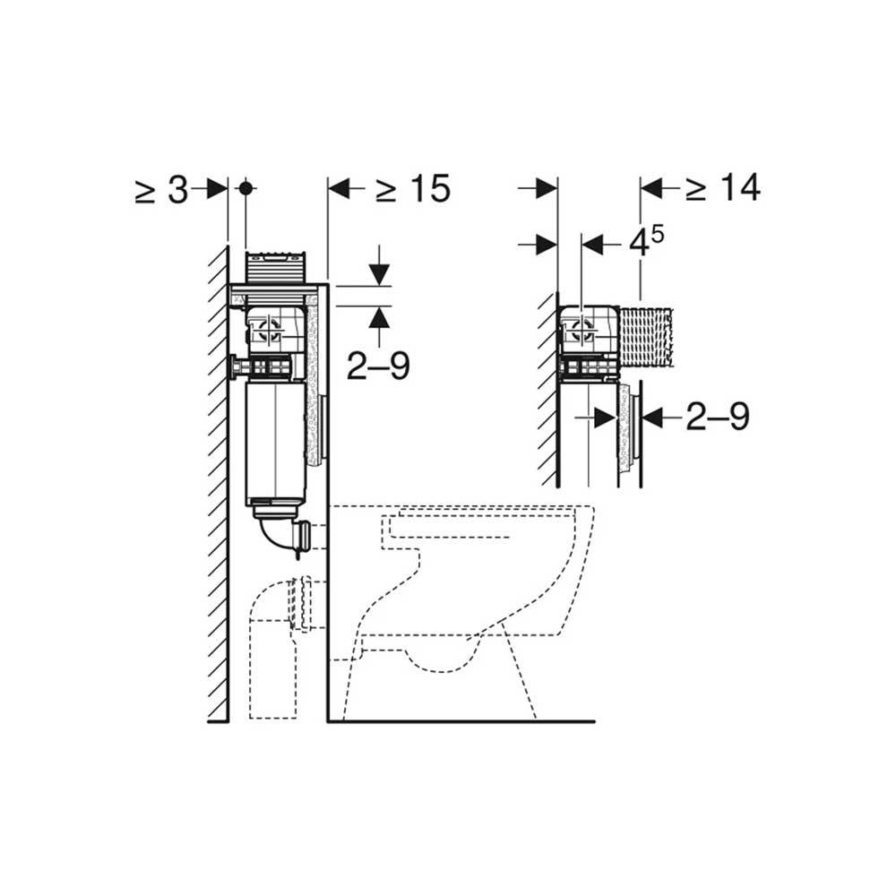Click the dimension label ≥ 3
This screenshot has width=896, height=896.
(161, 189)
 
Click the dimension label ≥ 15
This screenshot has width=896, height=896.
(412, 188)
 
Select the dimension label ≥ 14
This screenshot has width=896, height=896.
(723, 187)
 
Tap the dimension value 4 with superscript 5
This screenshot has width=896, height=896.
(646, 242)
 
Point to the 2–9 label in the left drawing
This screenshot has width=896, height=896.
(378, 366)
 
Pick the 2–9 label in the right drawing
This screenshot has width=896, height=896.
(718, 417)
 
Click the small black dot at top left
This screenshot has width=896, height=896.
(246, 188)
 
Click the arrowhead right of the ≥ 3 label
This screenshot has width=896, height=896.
(218, 188)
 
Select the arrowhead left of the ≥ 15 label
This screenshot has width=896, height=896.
(339, 188)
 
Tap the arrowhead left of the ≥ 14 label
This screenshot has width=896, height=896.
(651, 187)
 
